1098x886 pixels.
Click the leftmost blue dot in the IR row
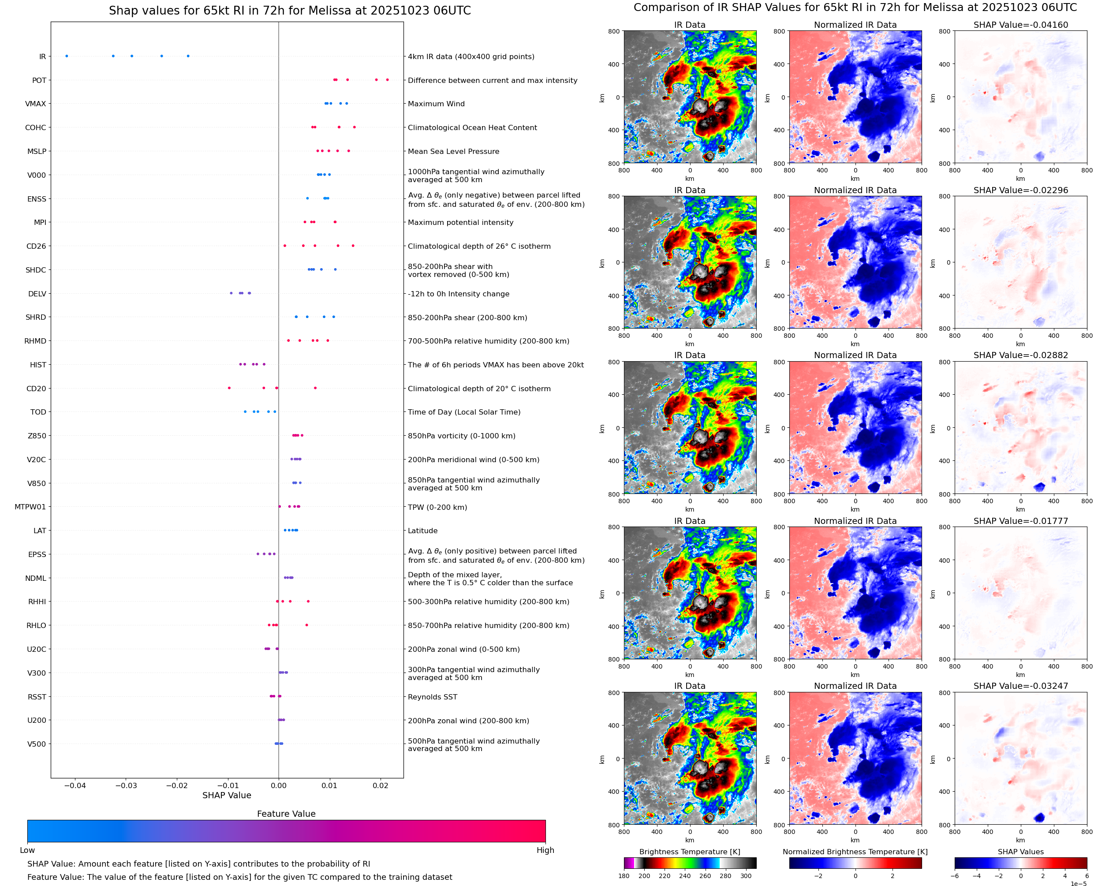(x=67, y=56)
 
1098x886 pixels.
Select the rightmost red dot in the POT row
(x=387, y=80)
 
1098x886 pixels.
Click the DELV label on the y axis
(x=37, y=294)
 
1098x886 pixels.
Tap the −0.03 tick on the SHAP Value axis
(x=126, y=785)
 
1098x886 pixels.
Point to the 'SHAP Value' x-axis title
(x=227, y=795)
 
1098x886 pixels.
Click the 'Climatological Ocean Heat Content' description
(x=472, y=127)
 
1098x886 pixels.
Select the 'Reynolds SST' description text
(x=432, y=697)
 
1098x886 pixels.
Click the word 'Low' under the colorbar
(x=27, y=850)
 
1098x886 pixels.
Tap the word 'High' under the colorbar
(x=545, y=850)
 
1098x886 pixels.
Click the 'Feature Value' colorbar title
(x=286, y=814)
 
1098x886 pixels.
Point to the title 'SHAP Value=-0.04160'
(x=1020, y=25)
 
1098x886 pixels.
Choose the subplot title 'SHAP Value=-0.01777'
(x=1020, y=521)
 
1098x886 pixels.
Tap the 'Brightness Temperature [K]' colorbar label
(x=689, y=852)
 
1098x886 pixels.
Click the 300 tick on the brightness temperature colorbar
(x=746, y=876)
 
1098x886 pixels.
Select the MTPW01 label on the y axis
(x=30, y=507)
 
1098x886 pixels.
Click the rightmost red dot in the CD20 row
(x=315, y=388)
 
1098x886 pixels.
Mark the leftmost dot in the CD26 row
(x=285, y=246)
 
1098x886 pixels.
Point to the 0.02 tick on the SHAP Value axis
(x=380, y=785)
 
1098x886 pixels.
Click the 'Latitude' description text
(x=422, y=531)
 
